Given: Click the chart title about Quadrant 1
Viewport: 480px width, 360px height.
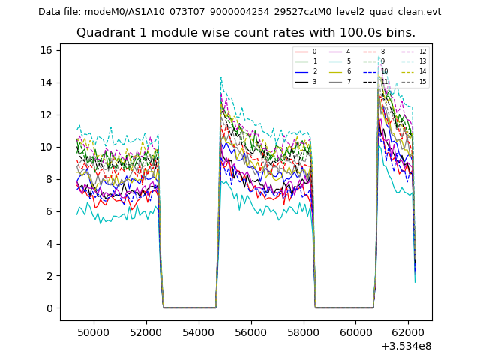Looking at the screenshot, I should coord(245,33).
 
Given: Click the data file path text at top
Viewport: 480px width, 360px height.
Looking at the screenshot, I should coord(239,12).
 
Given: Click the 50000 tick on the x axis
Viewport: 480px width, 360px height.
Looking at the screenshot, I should coord(94,331).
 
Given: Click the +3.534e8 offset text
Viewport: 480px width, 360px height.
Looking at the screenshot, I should coord(406,345).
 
